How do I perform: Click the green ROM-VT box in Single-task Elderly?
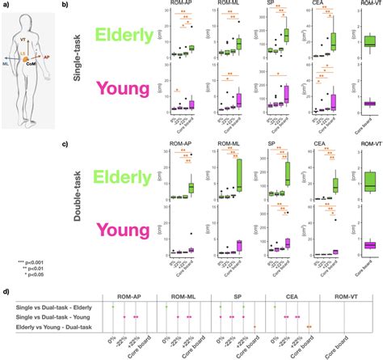(x=369, y=42)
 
